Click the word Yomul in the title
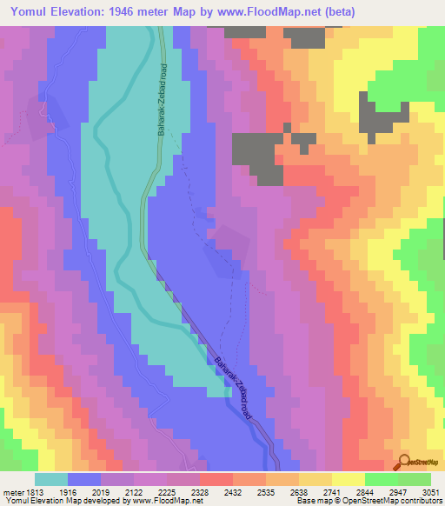33,10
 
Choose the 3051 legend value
429,492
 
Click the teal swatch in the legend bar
51,479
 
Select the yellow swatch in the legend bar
349,479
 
